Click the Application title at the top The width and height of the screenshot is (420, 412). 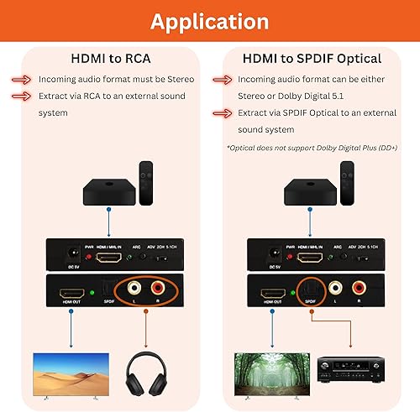click(x=209, y=20)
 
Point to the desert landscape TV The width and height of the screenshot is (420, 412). click(x=70, y=374)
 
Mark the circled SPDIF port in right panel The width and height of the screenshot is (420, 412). click(x=310, y=290)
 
